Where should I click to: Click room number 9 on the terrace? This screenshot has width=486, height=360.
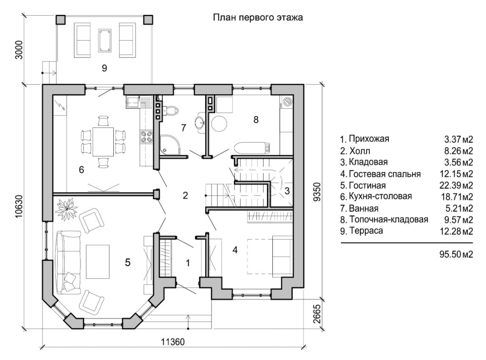click(x=104, y=69)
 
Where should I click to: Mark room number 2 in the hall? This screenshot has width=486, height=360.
click(x=185, y=195)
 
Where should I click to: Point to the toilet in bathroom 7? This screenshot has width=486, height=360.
click(x=171, y=111)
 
